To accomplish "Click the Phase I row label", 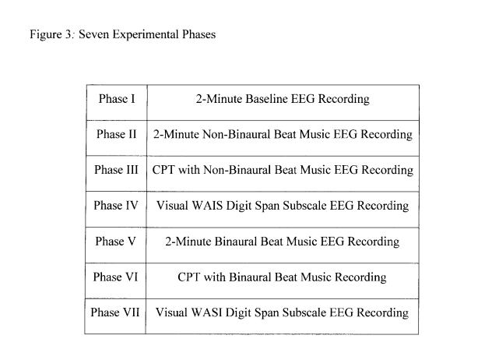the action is tap(117, 99).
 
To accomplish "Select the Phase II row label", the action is tap(116, 134).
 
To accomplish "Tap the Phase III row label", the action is tap(116, 170).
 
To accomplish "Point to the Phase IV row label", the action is tap(116, 205).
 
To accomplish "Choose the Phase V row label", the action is tap(115, 241).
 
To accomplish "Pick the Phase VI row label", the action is tap(115, 277).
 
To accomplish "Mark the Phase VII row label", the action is tap(115, 312).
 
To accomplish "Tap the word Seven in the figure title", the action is tap(93, 34).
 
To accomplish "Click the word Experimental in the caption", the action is tap(146, 34).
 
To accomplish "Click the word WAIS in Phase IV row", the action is tap(207, 205).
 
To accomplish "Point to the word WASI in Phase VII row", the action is tap(206, 312).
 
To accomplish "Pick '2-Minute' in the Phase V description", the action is tap(188, 241).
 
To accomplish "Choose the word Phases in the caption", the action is tap(199, 34).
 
